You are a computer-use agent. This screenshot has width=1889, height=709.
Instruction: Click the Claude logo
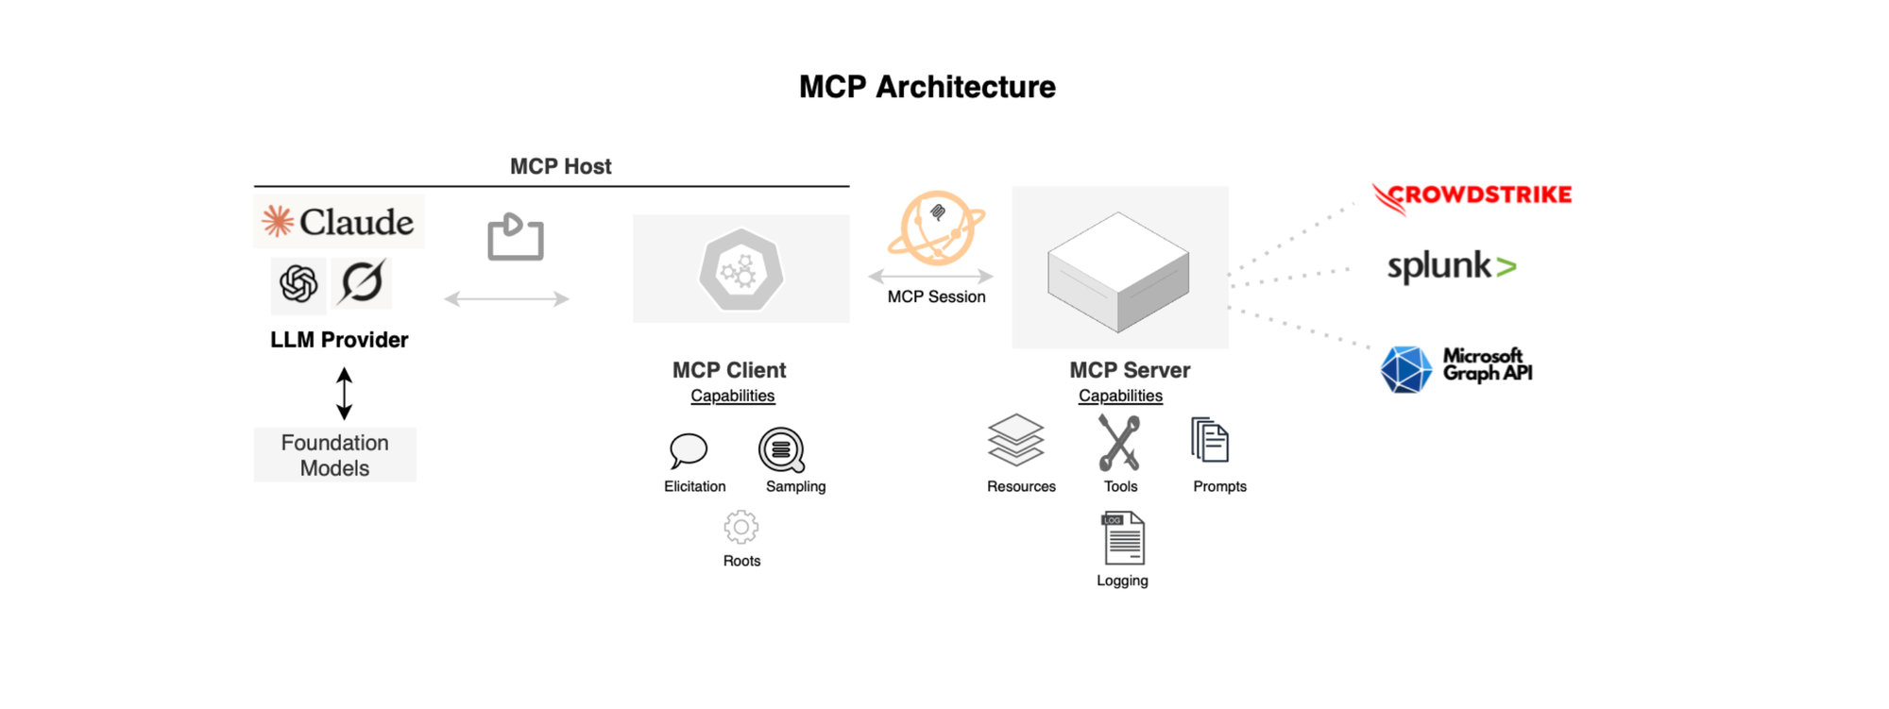[338, 222]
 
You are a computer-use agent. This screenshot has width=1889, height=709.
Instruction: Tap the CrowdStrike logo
[1472, 197]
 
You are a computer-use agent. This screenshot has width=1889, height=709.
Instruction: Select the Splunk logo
[1452, 266]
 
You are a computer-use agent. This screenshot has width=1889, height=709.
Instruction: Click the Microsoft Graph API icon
[1405, 369]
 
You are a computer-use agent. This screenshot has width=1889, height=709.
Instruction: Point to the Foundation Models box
[335, 455]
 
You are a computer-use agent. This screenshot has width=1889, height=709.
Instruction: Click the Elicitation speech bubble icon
[689, 450]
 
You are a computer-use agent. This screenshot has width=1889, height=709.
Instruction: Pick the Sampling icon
[782, 450]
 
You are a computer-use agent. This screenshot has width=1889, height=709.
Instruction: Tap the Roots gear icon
[741, 527]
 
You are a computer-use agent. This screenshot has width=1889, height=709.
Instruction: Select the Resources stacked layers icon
[1016, 440]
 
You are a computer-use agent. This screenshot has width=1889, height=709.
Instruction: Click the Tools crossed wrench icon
[1119, 443]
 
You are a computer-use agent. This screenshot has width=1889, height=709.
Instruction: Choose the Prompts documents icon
[1210, 440]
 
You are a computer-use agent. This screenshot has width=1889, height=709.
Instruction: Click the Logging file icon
[1123, 538]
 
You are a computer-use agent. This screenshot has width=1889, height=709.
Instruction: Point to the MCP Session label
[936, 296]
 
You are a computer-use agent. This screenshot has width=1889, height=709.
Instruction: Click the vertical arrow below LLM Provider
[345, 394]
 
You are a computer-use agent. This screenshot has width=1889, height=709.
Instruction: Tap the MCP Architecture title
[927, 87]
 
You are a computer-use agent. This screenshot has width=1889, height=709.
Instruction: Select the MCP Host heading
[561, 166]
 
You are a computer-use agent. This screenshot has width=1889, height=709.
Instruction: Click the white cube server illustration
[1118, 272]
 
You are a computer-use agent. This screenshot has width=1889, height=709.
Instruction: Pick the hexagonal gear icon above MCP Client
[741, 270]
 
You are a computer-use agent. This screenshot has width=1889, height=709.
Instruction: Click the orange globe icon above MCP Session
[935, 228]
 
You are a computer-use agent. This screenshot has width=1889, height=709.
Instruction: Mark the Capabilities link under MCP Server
[1121, 396]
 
